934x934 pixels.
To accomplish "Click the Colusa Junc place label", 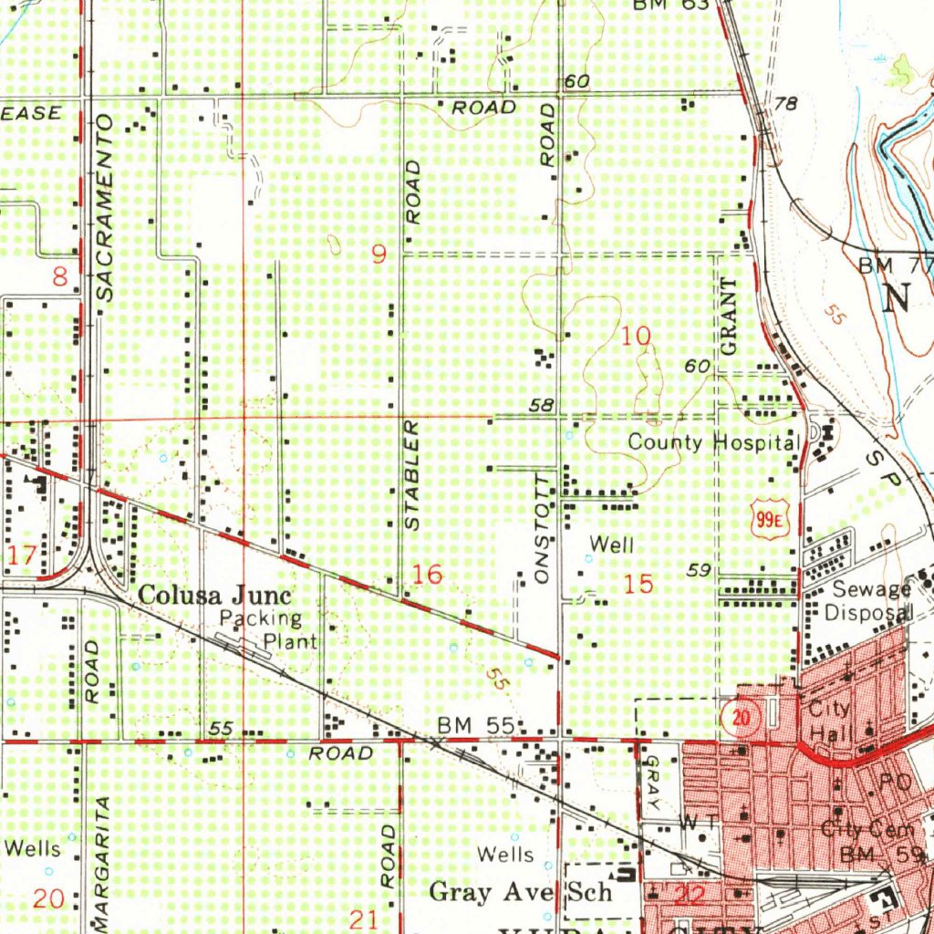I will (x=215, y=597).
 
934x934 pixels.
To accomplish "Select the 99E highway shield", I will (x=770, y=520).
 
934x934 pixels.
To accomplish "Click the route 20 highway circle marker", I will (x=742, y=718).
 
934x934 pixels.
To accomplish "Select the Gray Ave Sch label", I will (x=520, y=891).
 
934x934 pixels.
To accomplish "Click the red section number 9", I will (x=379, y=254).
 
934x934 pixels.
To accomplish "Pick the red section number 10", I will (x=636, y=337).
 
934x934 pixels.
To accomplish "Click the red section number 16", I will (x=427, y=575).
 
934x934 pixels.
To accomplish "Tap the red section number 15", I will (x=639, y=584).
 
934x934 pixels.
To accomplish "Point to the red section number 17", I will (x=23, y=555).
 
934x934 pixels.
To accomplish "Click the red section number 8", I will (x=60, y=276).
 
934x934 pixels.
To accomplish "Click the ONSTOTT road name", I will (x=545, y=529).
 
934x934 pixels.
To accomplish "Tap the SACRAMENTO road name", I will (x=104, y=208).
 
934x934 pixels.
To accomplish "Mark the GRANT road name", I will (x=728, y=317).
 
